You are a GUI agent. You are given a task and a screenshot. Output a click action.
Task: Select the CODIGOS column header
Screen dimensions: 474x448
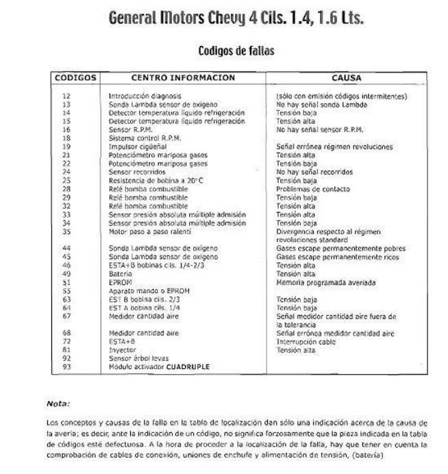(x=75, y=78)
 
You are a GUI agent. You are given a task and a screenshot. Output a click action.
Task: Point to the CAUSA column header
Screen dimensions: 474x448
(x=346, y=78)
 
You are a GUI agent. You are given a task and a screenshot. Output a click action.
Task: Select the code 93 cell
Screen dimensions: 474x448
(x=66, y=366)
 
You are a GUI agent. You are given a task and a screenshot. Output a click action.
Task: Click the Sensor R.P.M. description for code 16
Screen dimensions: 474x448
(x=129, y=128)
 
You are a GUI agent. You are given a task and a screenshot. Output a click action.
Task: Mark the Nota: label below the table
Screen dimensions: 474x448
(x=56, y=403)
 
